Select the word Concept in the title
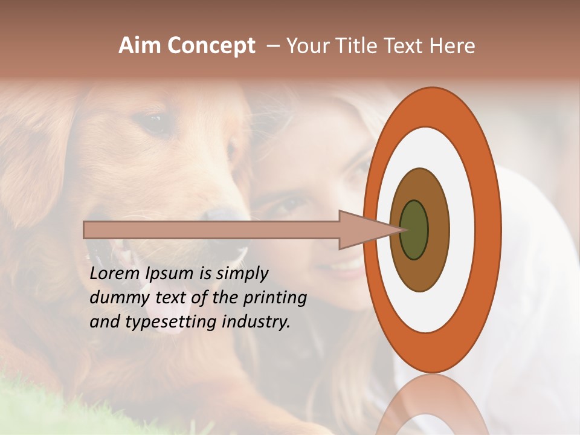(211, 46)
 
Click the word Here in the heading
(453, 46)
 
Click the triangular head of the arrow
(362, 230)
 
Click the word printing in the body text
(275, 298)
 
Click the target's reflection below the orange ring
(433, 405)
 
